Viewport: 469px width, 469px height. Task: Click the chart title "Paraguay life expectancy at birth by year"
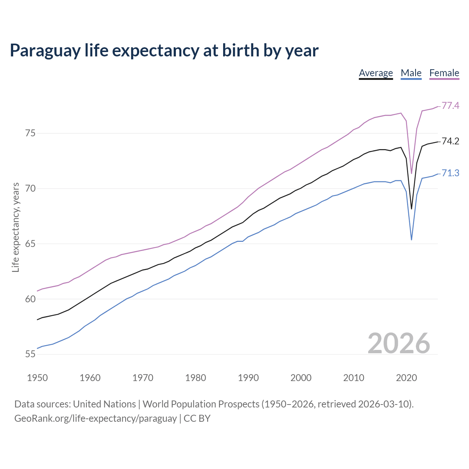(164, 51)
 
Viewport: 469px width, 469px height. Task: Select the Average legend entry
(376, 73)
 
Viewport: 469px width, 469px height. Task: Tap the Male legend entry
(411, 73)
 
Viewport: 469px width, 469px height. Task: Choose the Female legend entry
(444, 73)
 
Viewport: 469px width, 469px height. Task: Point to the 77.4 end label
(450, 106)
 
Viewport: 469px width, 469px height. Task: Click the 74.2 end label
(450, 141)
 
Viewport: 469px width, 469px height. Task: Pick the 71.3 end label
(450, 173)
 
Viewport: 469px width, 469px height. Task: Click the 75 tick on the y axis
(30, 133)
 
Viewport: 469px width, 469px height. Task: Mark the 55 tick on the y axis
(30, 354)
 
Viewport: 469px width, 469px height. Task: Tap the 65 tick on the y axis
(30, 244)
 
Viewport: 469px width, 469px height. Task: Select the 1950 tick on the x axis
(37, 378)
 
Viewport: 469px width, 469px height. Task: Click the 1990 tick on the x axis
(248, 378)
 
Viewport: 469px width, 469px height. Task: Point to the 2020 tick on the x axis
(406, 378)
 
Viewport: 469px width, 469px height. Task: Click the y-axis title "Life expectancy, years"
(16, 228)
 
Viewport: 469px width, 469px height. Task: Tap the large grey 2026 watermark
(399, 343)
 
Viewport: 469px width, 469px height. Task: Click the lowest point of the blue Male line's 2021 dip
(411, 240)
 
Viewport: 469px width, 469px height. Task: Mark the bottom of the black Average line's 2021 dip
(411, 209)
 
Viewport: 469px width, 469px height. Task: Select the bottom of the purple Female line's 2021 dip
(411, 173)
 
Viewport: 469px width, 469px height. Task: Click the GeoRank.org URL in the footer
(95, 418)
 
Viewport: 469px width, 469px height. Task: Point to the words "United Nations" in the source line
(104, 404)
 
